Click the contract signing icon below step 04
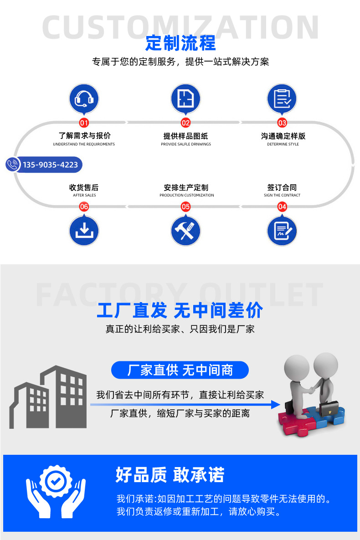click(282, 231)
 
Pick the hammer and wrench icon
click(185, 231)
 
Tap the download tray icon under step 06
click(84, 231)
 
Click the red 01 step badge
click(84, 123)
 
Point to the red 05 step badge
click(185, 206)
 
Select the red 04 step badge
click(282, 206)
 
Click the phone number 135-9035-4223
click(50, 165)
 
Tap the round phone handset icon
click(13, 164)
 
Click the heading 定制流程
click(180, 43)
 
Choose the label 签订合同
click(282, 187)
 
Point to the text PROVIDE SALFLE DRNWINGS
click(186, 144)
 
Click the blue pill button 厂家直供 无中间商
click(180, 370)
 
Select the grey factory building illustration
click(48, 397)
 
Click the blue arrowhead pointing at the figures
click(276, 405)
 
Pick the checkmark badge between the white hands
click(56, 481)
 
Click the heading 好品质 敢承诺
click(170, 475)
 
